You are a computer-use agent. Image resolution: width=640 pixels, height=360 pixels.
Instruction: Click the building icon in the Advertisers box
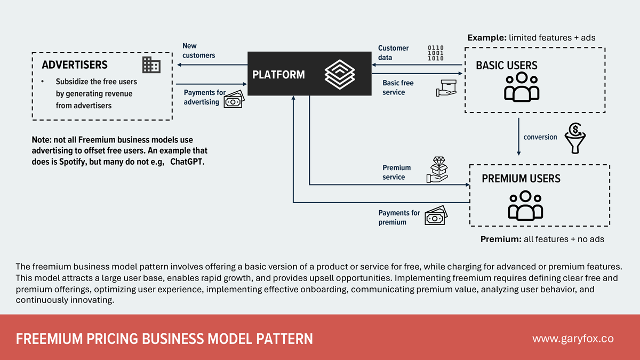pos(151,65)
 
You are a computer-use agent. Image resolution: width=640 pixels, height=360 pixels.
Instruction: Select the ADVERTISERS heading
pos(75,65)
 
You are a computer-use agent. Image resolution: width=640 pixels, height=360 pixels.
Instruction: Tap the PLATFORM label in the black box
pos(278,75)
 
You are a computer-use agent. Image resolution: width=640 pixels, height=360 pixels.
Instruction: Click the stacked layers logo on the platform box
pos(339,74)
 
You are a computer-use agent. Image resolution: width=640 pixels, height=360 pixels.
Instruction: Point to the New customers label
pos(198,51)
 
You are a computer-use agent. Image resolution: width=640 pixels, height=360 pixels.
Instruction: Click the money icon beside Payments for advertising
pos(233,99)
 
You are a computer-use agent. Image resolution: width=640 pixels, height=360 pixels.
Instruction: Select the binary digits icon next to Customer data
pos(435,53)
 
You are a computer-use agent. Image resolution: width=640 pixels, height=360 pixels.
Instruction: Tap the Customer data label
pos(393,53)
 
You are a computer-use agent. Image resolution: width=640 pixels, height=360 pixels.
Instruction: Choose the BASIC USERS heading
pos(506,66)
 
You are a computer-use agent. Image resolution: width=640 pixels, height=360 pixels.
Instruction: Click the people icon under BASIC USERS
pos(522,87)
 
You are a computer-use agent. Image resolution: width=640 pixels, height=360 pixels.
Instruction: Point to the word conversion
pos(540,137)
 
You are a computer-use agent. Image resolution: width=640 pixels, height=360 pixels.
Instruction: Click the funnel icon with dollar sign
pos(575,138)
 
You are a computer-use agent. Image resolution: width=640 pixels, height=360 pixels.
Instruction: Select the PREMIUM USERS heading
pos(521,178)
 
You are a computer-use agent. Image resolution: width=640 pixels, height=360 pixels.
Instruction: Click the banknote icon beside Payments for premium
pos(436,216)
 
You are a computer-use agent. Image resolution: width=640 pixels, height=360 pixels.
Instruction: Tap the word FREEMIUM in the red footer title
pos(44,339)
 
